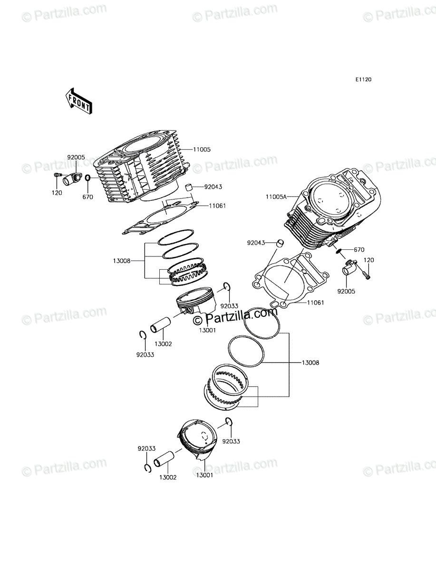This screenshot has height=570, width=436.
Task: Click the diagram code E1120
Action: click(363, 80)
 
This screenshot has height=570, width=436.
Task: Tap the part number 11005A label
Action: click(276, 197)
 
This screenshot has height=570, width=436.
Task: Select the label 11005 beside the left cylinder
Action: click(202, 149)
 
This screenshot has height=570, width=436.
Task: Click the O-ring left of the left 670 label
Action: click(88, 178)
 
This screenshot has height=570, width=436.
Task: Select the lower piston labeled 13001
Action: click(196, 441)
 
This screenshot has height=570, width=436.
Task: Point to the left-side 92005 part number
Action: click(76, 157)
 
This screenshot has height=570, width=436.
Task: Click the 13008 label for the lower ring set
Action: click(310, 363)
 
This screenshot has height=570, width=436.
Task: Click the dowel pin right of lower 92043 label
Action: click(281, 243)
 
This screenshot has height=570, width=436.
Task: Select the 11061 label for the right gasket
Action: click(315, 302)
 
